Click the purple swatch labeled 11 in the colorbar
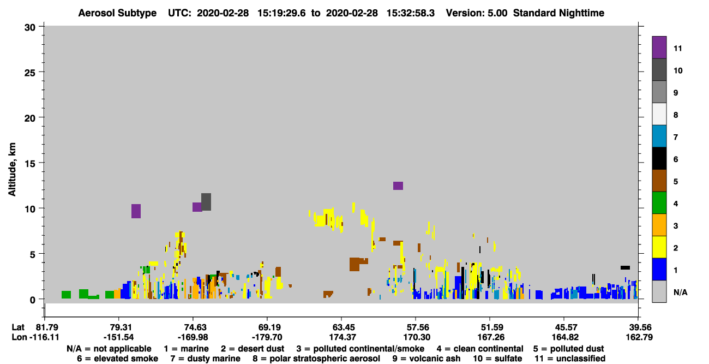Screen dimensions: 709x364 pos(659,47)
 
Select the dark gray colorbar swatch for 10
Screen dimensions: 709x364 pos(659,70)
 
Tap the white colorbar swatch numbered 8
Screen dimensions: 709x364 pos(659,114)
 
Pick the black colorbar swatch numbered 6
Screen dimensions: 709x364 pos(659,158)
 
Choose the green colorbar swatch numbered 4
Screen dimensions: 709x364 pos(659,203)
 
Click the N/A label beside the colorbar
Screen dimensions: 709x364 pos(680,292)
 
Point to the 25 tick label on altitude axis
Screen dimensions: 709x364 pos(30,73)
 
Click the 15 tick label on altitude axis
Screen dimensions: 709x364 pos(30,164)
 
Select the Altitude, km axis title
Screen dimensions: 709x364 pos(12,170)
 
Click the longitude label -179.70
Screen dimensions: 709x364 pos(267,337)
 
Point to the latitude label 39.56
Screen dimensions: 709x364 pos(640,327)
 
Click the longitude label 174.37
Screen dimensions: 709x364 pos(343,337)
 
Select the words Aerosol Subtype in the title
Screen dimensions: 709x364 pos(117,13)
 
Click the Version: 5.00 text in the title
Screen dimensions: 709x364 pos(477,13)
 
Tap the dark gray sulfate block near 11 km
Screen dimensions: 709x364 pos(206,202)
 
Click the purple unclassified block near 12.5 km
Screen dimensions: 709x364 pos(398,186)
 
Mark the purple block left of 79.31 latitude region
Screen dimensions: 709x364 pos(136,211)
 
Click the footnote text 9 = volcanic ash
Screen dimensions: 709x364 pos(426,359)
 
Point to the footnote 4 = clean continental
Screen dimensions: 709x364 pos(480,349)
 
